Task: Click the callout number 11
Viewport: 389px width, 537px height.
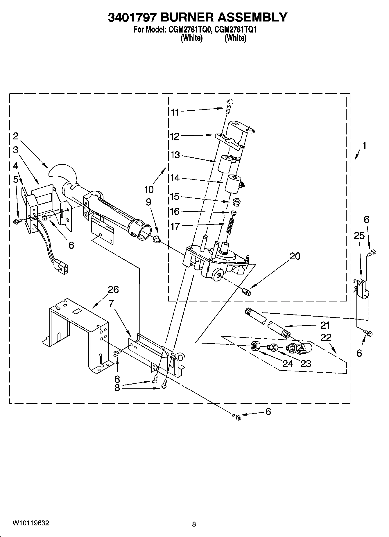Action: pos(175,112)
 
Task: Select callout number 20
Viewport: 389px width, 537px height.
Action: pos(295,256)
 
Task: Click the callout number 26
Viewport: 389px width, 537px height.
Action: pos(113,290)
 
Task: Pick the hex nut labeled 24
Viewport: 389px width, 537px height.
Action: pos(256,346)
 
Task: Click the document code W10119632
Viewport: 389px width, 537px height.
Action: pos(31,523)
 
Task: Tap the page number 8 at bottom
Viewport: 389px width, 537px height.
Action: pos(194,524)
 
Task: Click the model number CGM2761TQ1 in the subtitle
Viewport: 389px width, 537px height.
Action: pos(235,30)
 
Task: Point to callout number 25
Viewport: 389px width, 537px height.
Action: pos(359,236)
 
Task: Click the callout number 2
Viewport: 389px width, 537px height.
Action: pos(15,136)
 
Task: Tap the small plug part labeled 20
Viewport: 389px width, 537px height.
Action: pos(246,292)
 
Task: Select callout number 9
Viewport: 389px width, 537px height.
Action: pos(148,202)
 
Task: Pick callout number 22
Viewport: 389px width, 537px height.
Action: pos(326,337)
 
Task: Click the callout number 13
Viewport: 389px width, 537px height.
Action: pos(175,155)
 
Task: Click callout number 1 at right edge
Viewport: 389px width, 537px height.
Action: pos(364,146)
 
